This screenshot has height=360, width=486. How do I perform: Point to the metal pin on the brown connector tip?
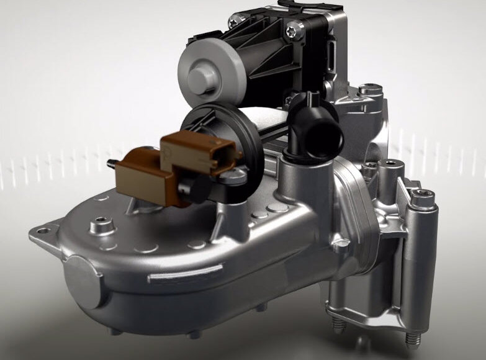[x=111, y=164]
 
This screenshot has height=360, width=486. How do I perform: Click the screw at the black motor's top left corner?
[x=234, y=23]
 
